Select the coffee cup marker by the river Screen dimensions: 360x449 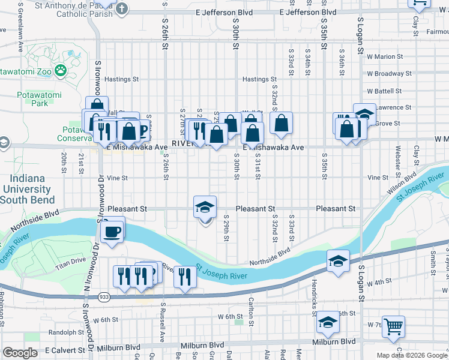tap(112, 231)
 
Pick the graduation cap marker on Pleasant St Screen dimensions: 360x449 tap(205, 208)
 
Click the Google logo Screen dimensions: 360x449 tap(20, 352)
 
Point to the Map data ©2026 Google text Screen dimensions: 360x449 tap(412, 355)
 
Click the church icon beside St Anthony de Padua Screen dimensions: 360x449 tap(122, 8)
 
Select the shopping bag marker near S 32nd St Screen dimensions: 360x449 tap(280, 124)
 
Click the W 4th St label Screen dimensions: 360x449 tap(380, 281)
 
